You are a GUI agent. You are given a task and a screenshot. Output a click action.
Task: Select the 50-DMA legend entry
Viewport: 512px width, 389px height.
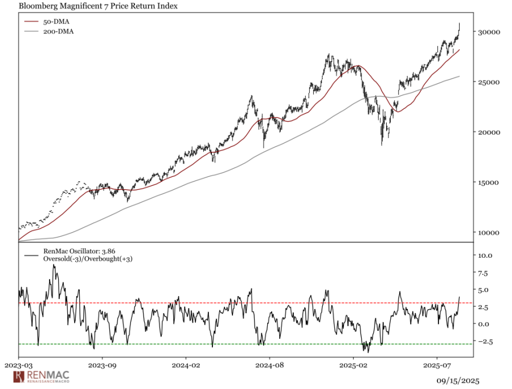(x=56, y=22)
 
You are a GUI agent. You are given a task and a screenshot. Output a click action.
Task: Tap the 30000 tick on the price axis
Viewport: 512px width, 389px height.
(x=488, y=32)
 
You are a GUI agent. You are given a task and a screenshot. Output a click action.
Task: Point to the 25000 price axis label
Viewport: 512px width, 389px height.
(x=488, y=82)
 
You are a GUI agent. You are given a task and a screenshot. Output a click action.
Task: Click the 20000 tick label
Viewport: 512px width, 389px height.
(x=488, y=132)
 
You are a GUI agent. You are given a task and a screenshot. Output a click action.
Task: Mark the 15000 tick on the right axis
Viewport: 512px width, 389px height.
(x=488, y=183)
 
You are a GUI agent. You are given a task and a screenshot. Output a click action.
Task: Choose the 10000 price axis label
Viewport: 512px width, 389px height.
(x=488, y=233)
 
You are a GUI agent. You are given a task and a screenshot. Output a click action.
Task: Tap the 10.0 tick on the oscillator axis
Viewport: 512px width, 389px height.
(x=485, y=256)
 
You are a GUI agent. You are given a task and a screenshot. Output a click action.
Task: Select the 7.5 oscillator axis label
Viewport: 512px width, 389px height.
(x=484, y=273)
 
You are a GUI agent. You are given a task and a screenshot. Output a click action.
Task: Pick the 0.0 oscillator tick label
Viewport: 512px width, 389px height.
(x=484, y=324)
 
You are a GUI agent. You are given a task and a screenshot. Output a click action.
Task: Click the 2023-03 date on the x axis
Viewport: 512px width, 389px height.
(x=19, y=363)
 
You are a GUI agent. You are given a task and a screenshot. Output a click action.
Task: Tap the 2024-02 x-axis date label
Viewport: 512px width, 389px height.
(x=186, y=363)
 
